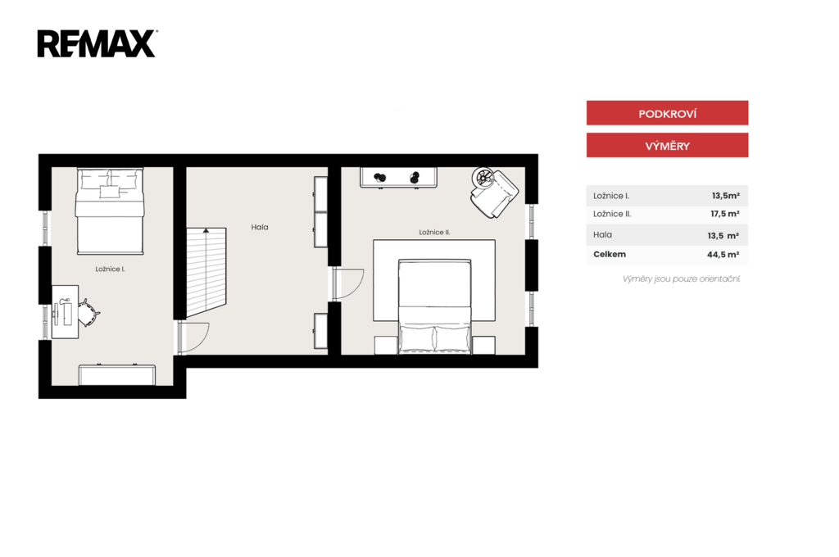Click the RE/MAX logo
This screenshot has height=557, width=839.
tap(97, 43)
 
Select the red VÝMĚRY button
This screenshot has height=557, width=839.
tap(667, 145)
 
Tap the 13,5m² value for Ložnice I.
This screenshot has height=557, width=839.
tap(726, 196)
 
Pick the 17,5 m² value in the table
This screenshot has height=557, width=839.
tap(725, 214)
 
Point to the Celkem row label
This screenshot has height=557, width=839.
tap(610, 254)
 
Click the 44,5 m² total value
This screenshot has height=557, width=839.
tap(723, 255)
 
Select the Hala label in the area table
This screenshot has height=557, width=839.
tap(602, 234)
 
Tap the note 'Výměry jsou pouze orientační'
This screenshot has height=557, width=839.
tap(681, 278)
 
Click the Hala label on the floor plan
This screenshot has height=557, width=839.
tap(260, 227)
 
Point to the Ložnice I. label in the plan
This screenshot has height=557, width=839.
tap(111, 269)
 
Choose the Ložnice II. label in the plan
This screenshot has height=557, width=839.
tap(434, 232)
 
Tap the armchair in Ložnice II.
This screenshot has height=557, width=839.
tap(494, 192)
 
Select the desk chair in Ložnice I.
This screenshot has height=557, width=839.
tap(88, 312)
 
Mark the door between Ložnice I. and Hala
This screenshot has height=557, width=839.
tap(193, 338)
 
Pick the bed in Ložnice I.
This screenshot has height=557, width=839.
tap(111, 211)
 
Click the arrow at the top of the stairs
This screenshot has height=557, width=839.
tap(206, 231)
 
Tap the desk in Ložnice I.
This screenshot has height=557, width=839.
tap(65, 312)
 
